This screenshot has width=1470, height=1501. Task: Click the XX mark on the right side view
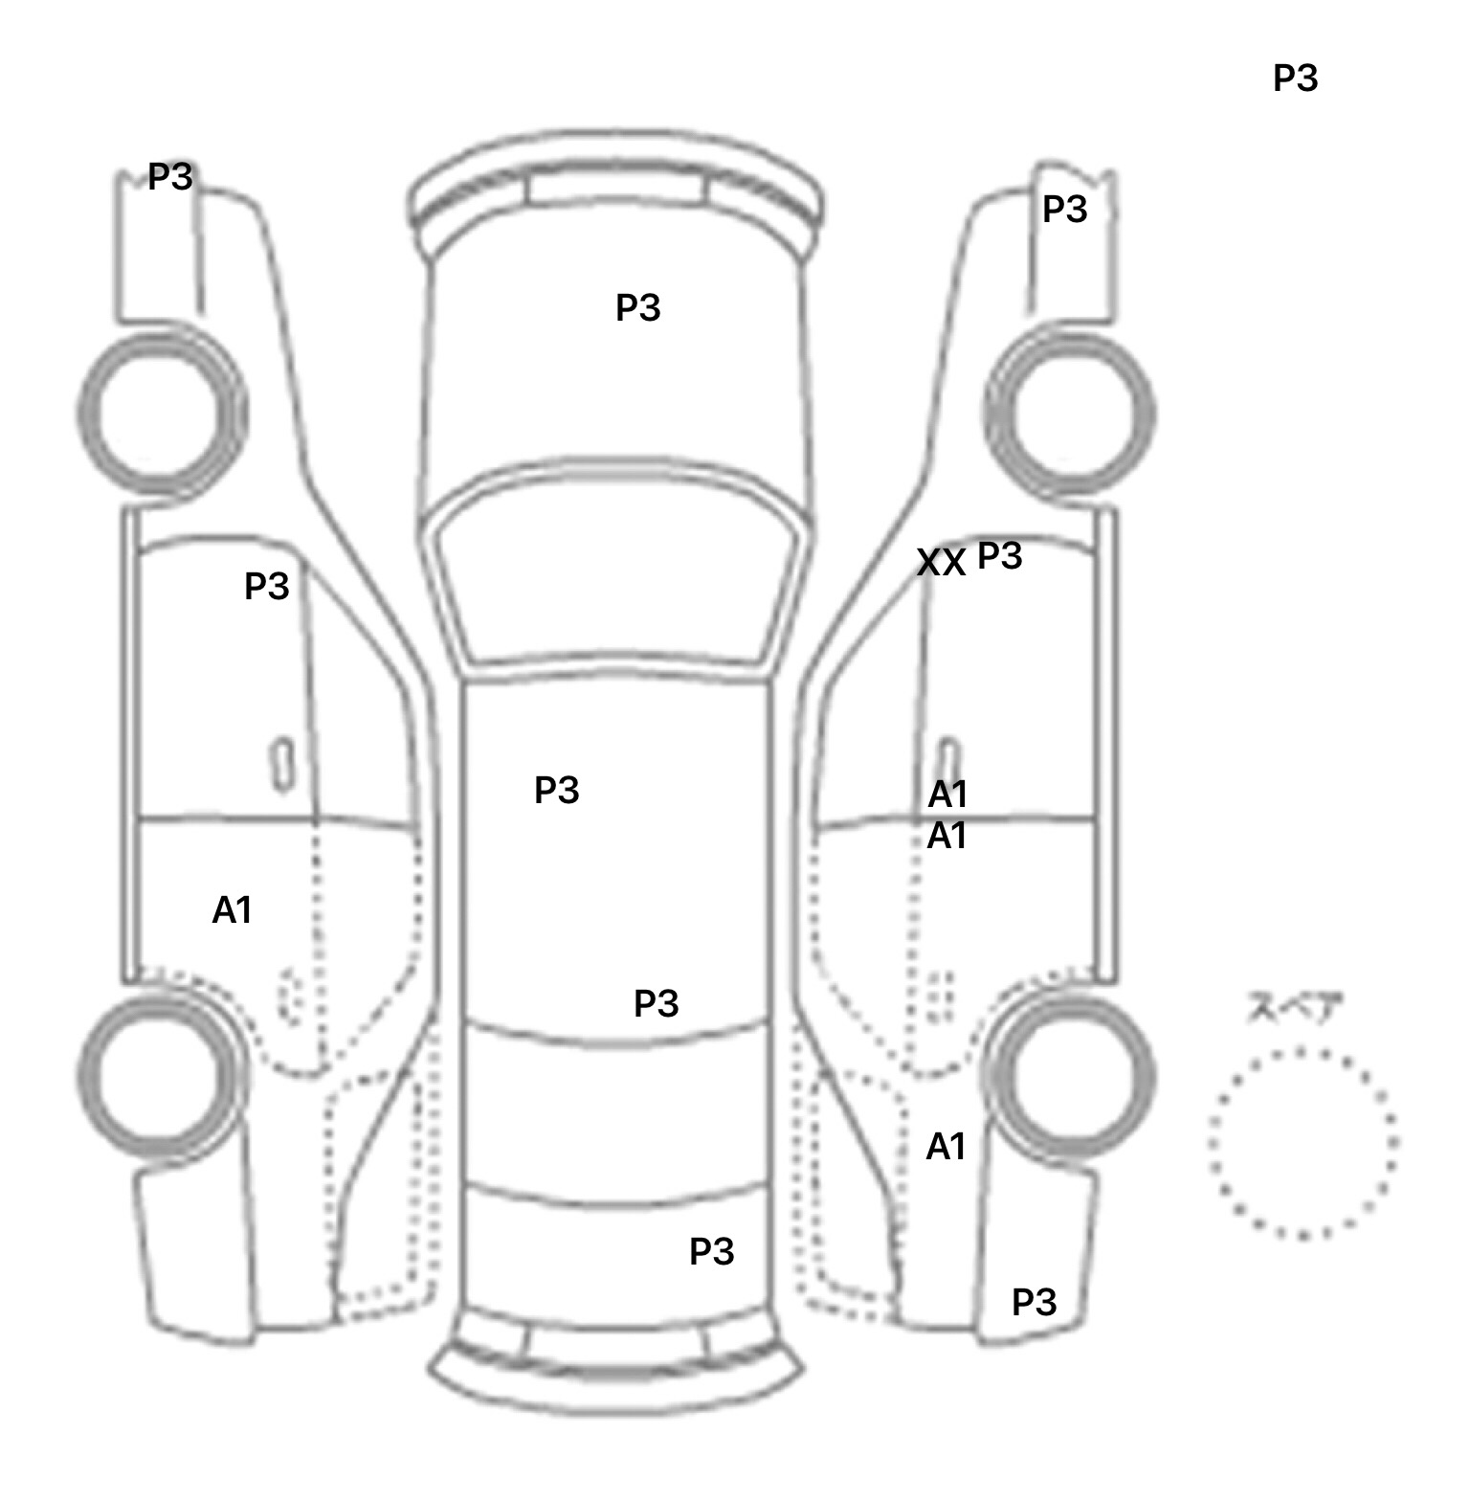click(x=941, y=563)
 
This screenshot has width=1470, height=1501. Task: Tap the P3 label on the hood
click(x=637, y=308)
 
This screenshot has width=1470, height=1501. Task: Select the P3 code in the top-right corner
click(x=1295, y=78)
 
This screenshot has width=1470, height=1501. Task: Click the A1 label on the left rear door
click(x=232, y=910)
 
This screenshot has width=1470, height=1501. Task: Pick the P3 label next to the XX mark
click(x=999, y=555)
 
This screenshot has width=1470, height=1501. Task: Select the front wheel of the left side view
click(x=161, y=414)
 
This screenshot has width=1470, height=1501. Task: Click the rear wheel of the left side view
click(x=161, y=1072)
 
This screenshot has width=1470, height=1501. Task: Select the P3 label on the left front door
click(x=266, y=586)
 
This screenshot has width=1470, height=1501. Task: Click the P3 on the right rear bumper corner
click(x=1034, y=1302)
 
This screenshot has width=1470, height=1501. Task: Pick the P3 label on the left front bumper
click(x=170, y=177)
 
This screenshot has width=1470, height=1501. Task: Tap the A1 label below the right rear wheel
click(x=946, y=1147)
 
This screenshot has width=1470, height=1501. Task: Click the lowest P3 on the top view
click(x=711, y=1251)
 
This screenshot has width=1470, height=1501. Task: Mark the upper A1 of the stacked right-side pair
click(x=947, y=795)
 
